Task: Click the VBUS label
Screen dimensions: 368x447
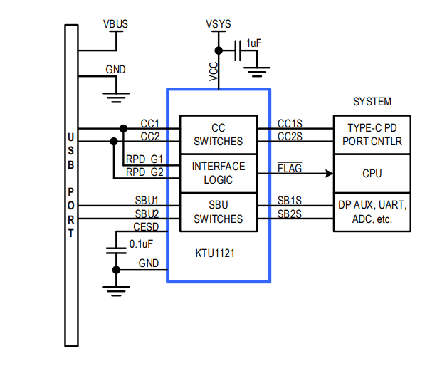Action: pyautogui.click(x=116, y=24)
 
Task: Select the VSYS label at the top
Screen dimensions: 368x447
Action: pyautogui.click(x=218, y=24)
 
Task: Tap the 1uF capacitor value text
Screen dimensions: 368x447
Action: pyautogui.click(x=253, y=43)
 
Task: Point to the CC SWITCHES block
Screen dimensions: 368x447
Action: pyautogui.click(x=218, y=135)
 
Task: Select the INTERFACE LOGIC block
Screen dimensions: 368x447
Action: pyautogui.click(x=218, y=173)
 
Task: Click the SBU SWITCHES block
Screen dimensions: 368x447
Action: pyautogui.click(x=218, y=211)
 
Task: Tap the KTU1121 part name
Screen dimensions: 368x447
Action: pyautogui.click(x=216, y=252)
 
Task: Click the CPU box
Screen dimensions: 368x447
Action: pyautogui.click(x=372, y=173)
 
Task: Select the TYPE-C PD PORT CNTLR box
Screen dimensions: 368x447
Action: pyautogui.click(x=372, y=135)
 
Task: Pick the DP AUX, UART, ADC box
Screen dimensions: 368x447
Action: pyautogui.click(x=372, y=211)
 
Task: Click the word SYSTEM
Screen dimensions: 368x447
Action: pyautogui.click(x=372, y=102)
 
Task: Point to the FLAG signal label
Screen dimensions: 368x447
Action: pyautogui.click(x=289, y=169)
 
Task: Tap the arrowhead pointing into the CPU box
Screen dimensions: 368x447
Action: pyautogui.click(x=329, y=173)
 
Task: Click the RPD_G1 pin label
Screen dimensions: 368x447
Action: pyautogui.click(x=144, y=159)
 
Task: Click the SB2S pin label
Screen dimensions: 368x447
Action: pyautogui.click(x=289, y=214)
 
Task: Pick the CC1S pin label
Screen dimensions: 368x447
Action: pyautogui.click(x=290, y=123)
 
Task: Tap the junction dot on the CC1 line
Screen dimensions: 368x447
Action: pyautogui.click(x=124, y=129)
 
